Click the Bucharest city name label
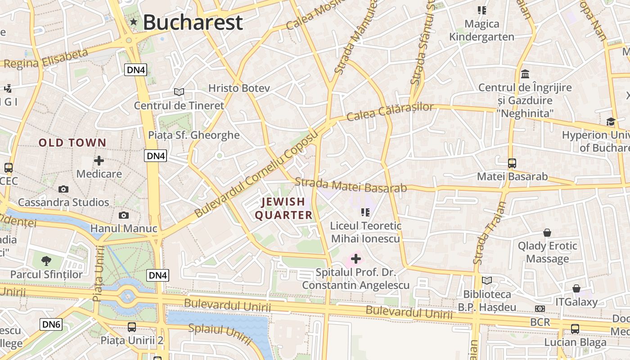click(x=193, y=22)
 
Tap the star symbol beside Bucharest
click(x=133, y=22)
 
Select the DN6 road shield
click(x=51, y=324)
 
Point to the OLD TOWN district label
click(x=72, y=143)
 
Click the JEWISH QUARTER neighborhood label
click(x=283, y=208)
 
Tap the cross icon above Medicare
click(x=99, y=160)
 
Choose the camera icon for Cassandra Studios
click(x=63, y=189)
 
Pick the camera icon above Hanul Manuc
click(x=123, y=216)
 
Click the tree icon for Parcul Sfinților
click(x=46, y=261)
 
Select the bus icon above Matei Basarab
click(x=512, y=163)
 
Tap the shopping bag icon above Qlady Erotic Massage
click(x=547, y=233)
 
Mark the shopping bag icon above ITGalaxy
click(x=576, y=288)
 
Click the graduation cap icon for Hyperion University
click(x=611, y=121)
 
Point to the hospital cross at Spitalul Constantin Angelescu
click(x=355, y=259)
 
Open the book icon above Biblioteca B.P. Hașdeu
click(x=486, y=281)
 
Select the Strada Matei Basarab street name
click(x=351, y=185)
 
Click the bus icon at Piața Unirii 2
click(x=131, y=327)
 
